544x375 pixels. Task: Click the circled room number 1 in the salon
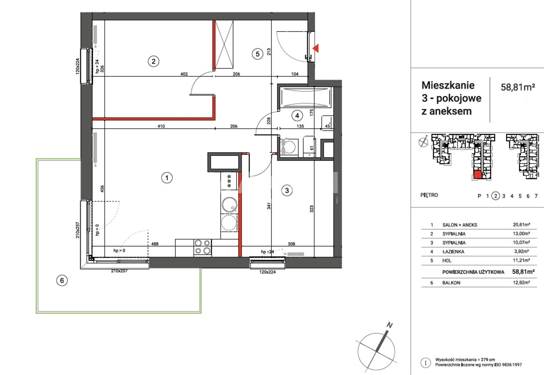[167, 178]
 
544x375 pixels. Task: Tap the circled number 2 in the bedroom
[153, 61]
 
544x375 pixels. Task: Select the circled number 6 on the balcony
[62, 280]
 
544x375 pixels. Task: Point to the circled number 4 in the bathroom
[297, 116]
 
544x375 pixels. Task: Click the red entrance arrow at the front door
[316, 48]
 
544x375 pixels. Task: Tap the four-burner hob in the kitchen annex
[203, 247]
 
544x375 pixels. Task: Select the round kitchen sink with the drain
[230, 205]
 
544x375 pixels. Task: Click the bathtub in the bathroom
[306, 98]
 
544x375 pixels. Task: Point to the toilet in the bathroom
[289, 147]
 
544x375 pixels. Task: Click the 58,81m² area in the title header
[518, 87]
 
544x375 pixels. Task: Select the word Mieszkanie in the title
[448, 85]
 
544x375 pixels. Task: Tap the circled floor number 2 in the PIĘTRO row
[495, 196]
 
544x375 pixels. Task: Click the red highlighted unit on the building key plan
[478, 175]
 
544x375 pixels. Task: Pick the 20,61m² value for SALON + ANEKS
[521, 225]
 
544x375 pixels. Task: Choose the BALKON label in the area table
[451, 283]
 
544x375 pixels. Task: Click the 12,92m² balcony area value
[521, 282]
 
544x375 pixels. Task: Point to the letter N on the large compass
[389, 325]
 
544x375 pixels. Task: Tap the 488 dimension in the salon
[155, 244]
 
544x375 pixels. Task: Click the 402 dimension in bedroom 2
[184, 74]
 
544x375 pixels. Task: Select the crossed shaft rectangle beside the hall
[224, 45]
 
